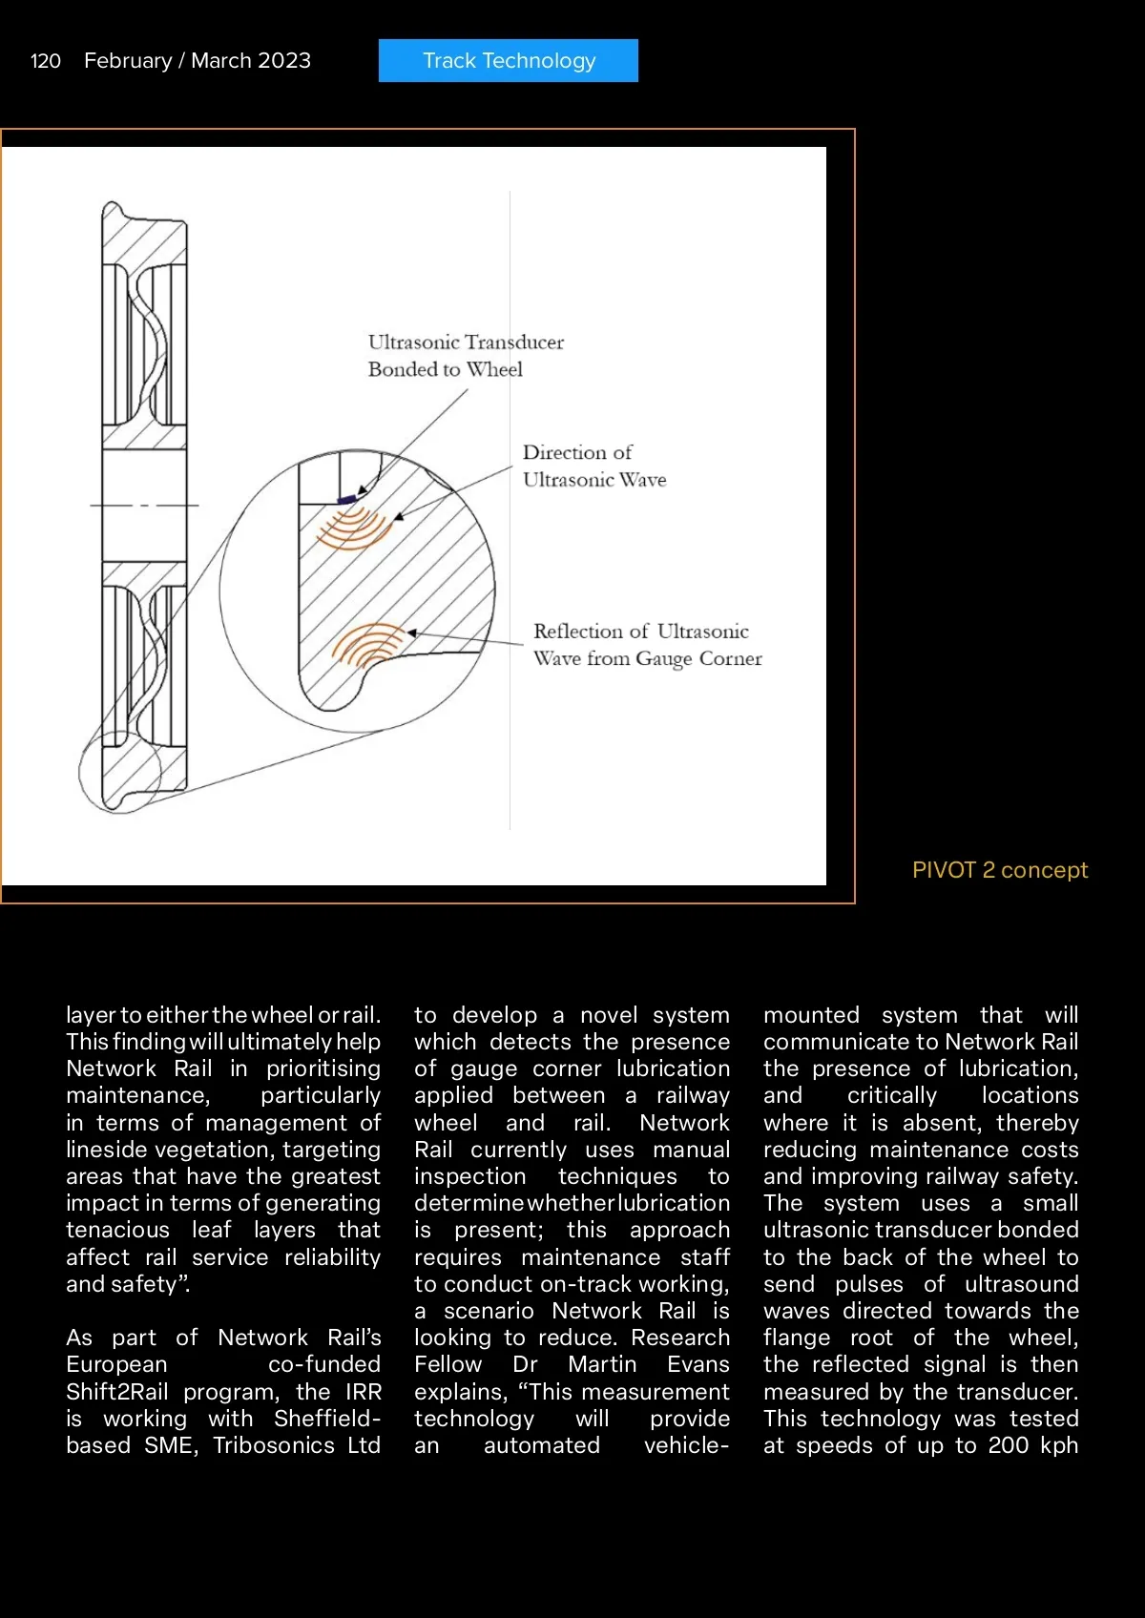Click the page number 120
tap(46, 61)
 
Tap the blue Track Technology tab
tap(509, 61)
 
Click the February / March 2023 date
tap(198, 61)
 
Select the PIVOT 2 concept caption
tap(999, 870)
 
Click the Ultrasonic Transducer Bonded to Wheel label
tap(466, 356)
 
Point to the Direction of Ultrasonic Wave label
tap(593, 466)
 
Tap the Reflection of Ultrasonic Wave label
tap(647, 645)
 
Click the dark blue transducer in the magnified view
tap(347, 498)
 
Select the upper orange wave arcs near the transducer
tap(353, 527)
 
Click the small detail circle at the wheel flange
tap(120, 772)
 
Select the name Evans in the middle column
tap(698, 1364)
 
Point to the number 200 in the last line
tap(1009, 1445)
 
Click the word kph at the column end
tap(1059, 1445)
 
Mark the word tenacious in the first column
tap(117, 1230)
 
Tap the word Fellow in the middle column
tap(448, 1364)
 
